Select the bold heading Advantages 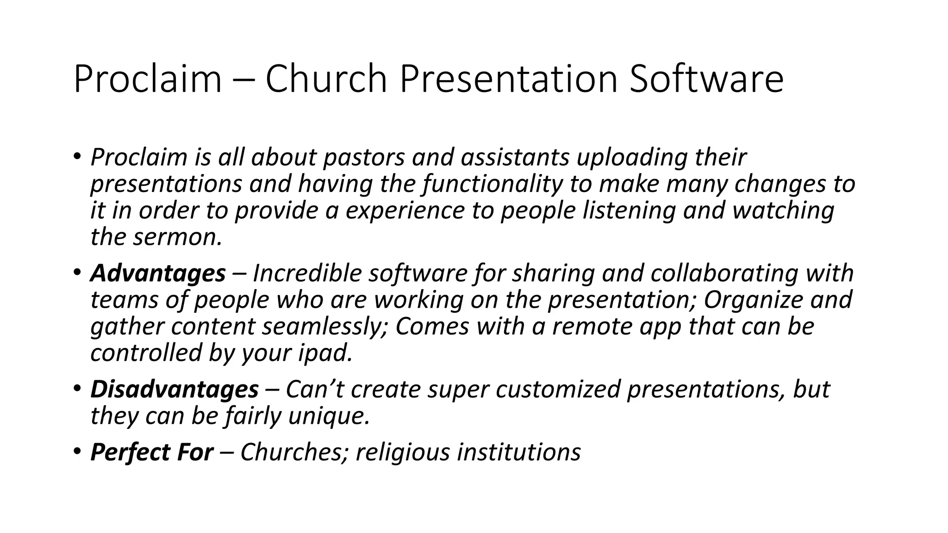tap(158, 273)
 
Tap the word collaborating tap(724, 273)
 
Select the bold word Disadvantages tap(175, 389)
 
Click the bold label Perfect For tap(152, 452)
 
